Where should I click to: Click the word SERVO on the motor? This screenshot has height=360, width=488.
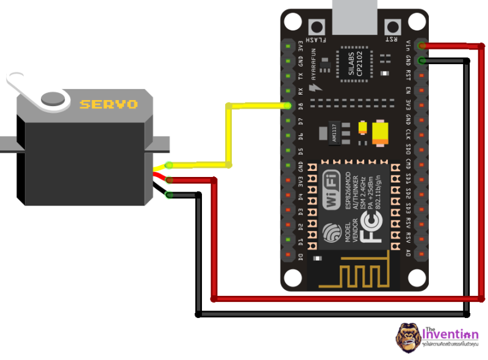click(109, 104)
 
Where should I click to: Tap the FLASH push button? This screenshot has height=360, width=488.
click(317, 27)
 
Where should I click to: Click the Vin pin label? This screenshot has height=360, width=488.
click(408, 45)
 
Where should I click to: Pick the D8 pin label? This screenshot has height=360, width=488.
click(300, 106)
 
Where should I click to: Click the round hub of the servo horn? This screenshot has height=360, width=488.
click(53, 98)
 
